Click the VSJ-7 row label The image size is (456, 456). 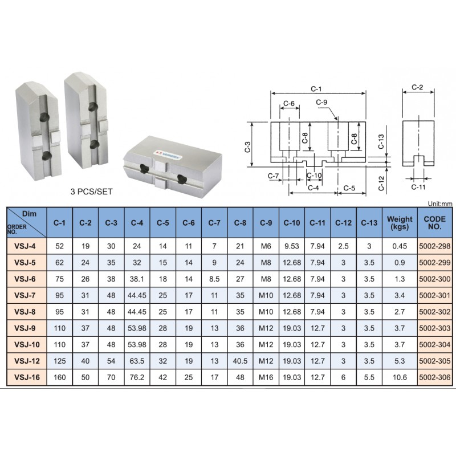(25, 295)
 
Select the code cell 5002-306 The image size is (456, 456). (435, 377)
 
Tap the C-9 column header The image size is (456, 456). (266, 223)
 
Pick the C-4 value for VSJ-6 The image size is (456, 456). (137, 279)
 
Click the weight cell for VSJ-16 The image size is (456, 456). (400, 377)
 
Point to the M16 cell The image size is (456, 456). (266, 377)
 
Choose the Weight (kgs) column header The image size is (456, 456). (400, 223)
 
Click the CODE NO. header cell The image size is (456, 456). (435, 223)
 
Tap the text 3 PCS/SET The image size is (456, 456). (91, 192)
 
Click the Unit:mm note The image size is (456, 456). (440, 204)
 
